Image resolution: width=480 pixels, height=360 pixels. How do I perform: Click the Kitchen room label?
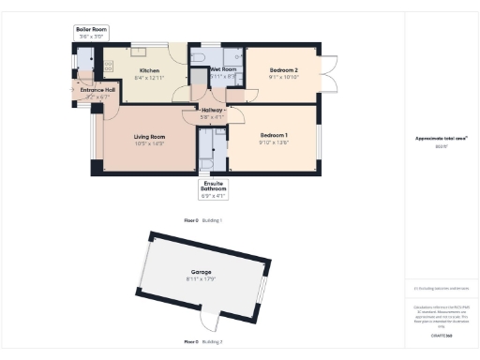pos(150,70)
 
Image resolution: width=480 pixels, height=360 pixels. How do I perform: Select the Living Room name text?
pos(149,137)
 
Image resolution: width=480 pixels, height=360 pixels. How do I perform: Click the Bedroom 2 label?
pos(283,70)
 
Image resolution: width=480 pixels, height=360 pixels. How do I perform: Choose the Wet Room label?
pos(221,70)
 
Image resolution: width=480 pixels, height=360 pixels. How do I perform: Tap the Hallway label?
pos(212,111)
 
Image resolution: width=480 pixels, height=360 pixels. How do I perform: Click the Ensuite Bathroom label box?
pos(214,190)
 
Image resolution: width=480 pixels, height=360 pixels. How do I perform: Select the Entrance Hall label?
pos(97,91)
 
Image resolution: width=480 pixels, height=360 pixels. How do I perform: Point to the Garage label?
pos(202,272)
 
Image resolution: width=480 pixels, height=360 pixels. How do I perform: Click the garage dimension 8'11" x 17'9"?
pos(202,278)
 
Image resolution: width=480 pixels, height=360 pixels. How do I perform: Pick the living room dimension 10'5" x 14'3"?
pos(149,143)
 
